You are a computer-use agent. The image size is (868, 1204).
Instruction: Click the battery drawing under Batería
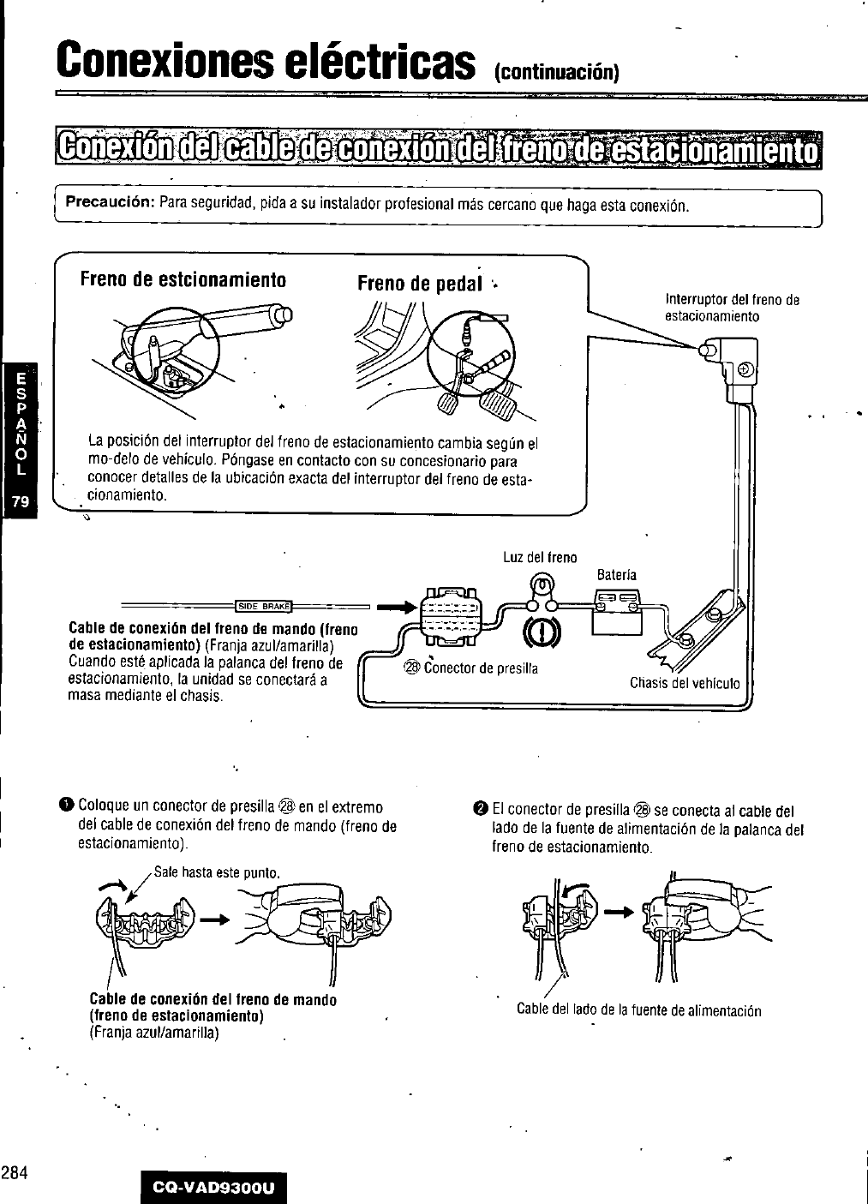point(617,612)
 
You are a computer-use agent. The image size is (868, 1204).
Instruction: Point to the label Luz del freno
point(540,558)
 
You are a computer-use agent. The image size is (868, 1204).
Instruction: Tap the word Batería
point(616,574)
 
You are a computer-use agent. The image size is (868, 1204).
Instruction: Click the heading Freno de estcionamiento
point(182,279)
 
